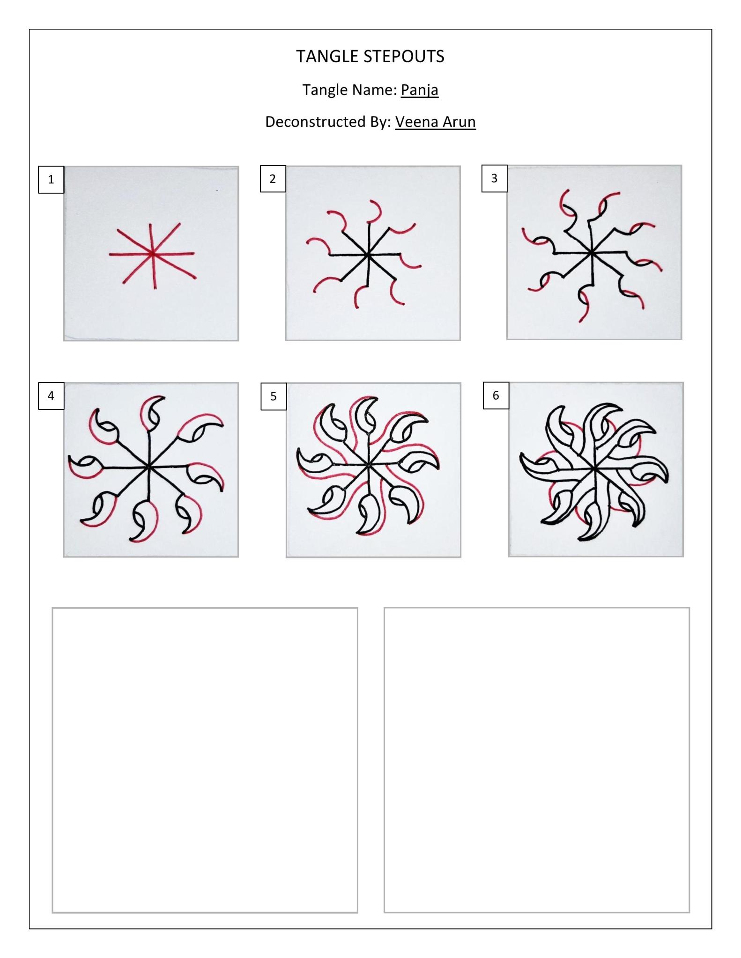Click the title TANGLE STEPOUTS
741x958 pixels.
[x=370, y=57]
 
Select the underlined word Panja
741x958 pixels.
[x=419, y=89]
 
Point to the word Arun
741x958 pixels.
[x=459, y=122]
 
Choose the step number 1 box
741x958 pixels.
[x=51, y=179]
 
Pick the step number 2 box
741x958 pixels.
[x=273, y=179]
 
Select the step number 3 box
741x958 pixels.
[x=494, y=178]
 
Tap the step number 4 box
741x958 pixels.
[x=51, y=396]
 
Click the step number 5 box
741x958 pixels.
[x=274, y=396]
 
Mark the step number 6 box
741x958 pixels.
[x=496, y=395]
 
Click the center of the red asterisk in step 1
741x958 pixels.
[x=152, y=254]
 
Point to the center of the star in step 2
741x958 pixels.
[x=368, y=255]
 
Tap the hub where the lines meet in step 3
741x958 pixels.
[x=591, y=253]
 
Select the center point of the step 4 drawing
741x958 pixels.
[x=148, y=467]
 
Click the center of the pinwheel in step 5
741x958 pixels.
[x=369, y=465]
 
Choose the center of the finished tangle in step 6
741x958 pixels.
[x=594, y=468]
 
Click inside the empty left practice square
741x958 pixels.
[x=205, y=760]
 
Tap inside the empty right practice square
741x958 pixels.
[x=536, y=760]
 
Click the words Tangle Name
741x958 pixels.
[x=349, y=89]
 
